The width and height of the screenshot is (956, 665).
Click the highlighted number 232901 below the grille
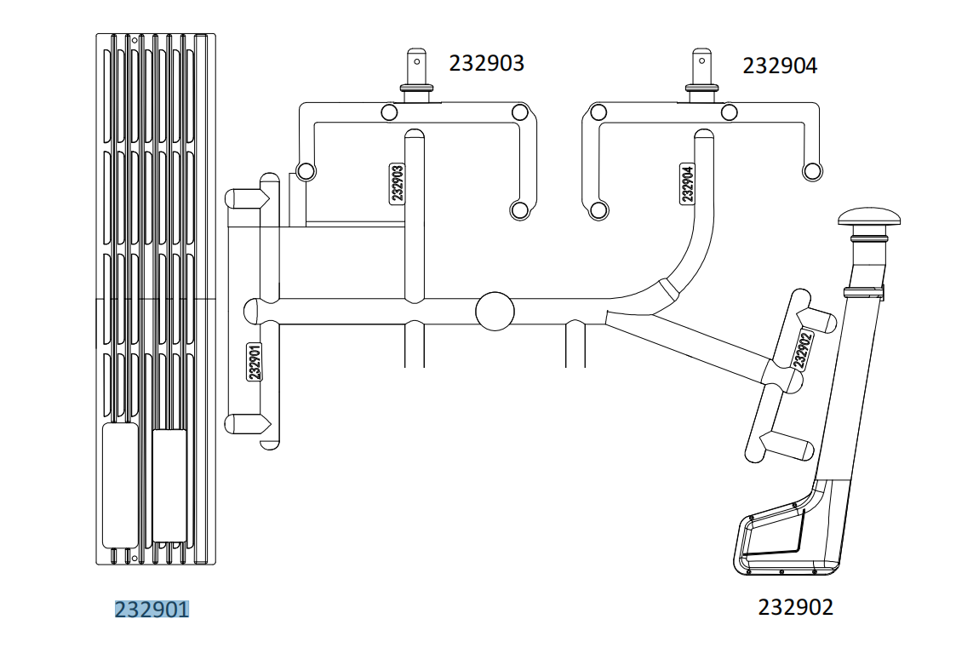(x=152, y=610)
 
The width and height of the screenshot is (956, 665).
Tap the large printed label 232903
(x=487, y=63)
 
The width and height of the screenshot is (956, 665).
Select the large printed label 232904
(x=780, y=66)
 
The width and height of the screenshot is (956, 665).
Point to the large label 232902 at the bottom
(x=796, y=607)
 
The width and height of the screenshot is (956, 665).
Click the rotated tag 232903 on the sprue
(x=397, y=183)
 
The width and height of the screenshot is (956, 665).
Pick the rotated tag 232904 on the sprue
(x=687, y=184)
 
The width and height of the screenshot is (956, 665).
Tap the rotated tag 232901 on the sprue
(x=255, y=361)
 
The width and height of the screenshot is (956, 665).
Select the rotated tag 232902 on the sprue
(x=803, y=349)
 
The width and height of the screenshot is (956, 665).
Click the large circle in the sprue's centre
(x=495, y=311)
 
